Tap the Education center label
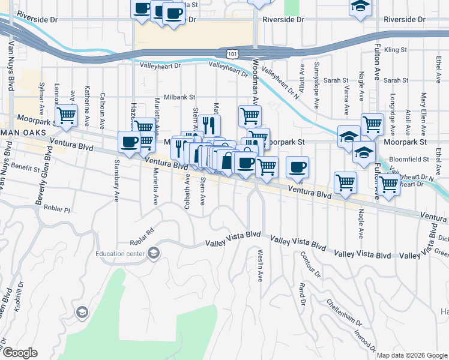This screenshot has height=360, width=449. [120, 253]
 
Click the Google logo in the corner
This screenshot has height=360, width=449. [19, 353]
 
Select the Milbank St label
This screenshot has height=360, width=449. [181, 96]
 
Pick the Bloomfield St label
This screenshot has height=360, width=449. [409, 160]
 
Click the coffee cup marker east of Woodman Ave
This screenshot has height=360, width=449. [297, 166]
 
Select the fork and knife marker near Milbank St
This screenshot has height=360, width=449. [209, 125]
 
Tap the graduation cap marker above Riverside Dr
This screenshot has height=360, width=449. [360, 7]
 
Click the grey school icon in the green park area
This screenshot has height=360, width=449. [82, 312]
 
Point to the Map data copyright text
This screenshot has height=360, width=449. [411, 355]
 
